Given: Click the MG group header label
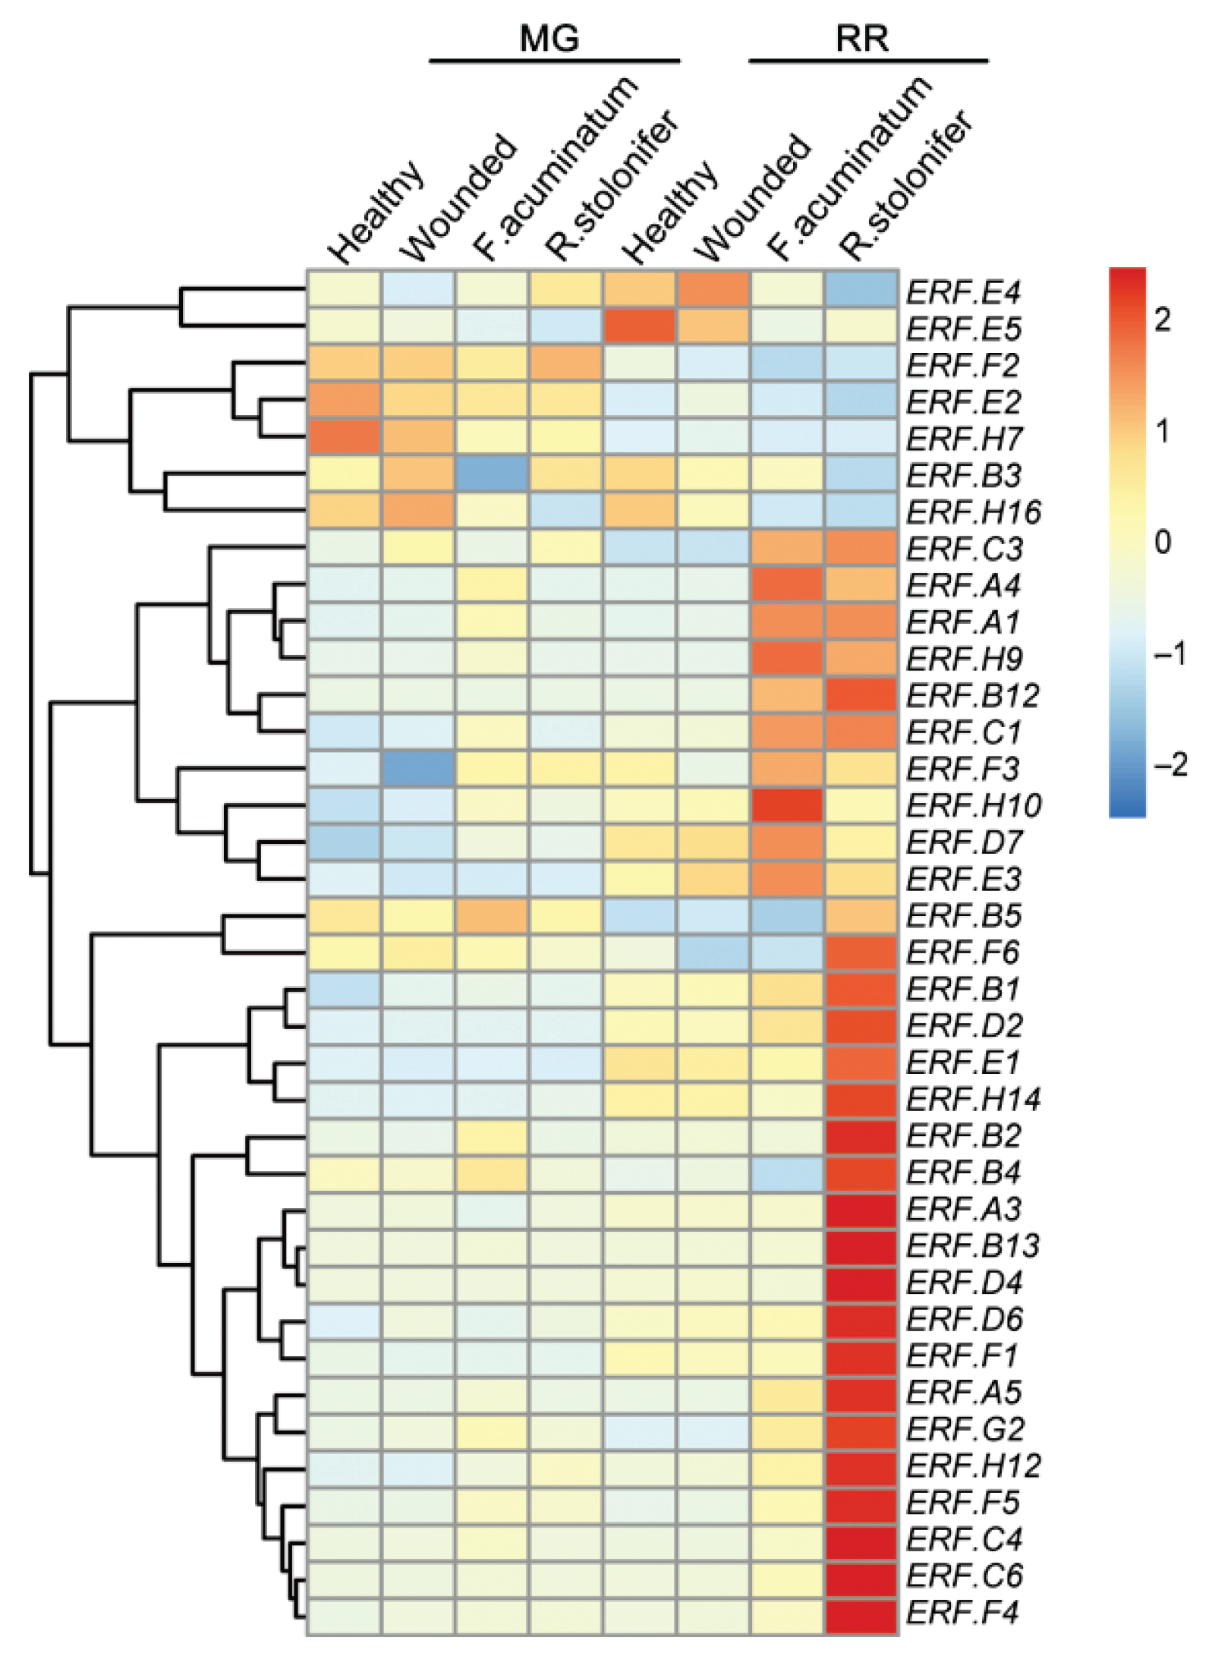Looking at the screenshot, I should (549, 38).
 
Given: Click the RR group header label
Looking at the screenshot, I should (862, 38).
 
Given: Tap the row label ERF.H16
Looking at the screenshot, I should (974, 512).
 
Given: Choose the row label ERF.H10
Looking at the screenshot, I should (974, 806).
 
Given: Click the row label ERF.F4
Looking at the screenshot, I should (962, 1612).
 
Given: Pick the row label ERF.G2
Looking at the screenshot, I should (965, 1429).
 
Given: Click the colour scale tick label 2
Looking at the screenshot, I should (1162, 320).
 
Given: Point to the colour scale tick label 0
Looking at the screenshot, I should (1162, 542).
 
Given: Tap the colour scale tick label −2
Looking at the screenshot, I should (1170, 764).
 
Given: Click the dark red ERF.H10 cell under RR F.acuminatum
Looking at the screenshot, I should (787, 806).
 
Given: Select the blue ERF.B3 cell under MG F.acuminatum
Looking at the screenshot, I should (492, 475).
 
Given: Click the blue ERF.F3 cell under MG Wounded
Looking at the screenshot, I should (418, 769).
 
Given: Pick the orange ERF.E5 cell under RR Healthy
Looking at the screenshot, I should (640, 328).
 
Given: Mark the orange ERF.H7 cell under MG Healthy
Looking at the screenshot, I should (344, 439).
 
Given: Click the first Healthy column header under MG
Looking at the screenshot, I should (376, 213).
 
